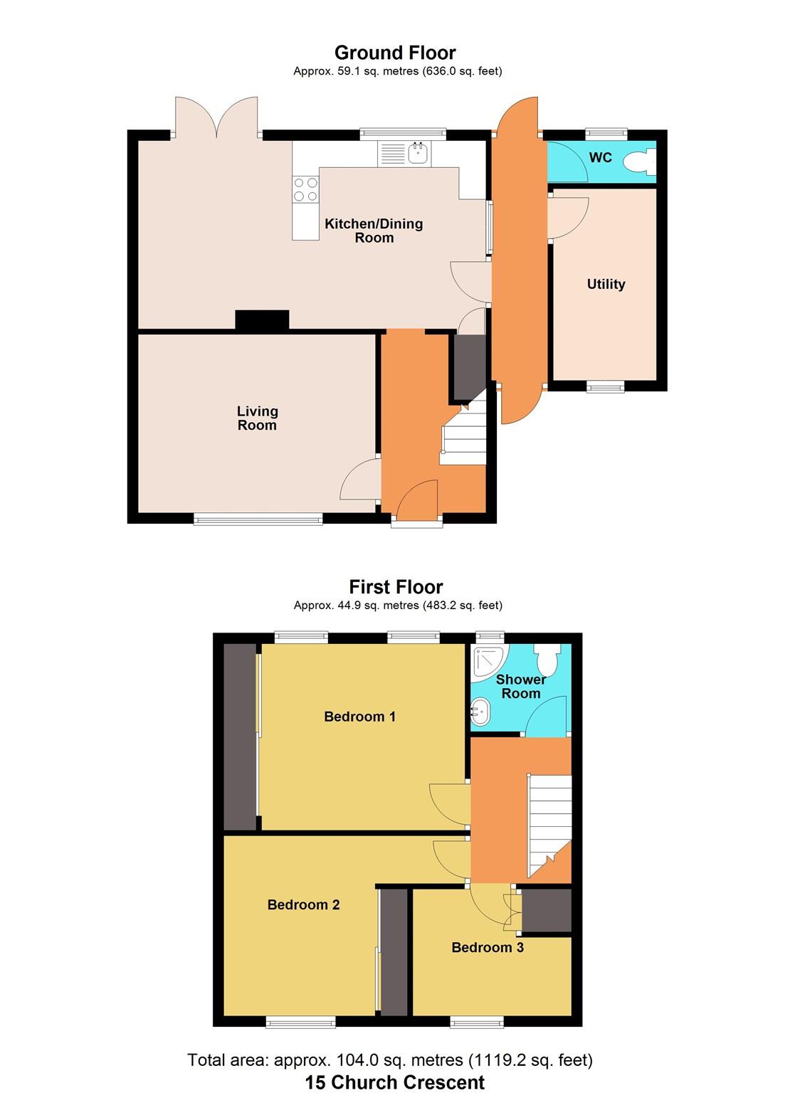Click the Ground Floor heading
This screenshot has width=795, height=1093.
395,53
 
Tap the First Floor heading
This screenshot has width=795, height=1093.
396,587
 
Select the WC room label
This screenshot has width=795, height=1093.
601,157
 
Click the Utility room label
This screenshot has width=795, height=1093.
606,284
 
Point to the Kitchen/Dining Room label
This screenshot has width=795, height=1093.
374,231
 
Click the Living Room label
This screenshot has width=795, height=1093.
257,418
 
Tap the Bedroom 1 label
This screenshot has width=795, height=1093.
359,717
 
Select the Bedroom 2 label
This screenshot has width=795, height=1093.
303,904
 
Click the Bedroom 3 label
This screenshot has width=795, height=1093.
488,947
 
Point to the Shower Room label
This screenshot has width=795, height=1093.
520,687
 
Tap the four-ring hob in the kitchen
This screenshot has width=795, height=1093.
306,189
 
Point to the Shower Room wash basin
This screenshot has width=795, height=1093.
480,711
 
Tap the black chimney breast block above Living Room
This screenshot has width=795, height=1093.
262,320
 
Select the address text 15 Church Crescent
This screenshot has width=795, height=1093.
395,1082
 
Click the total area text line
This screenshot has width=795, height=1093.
390,1060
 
